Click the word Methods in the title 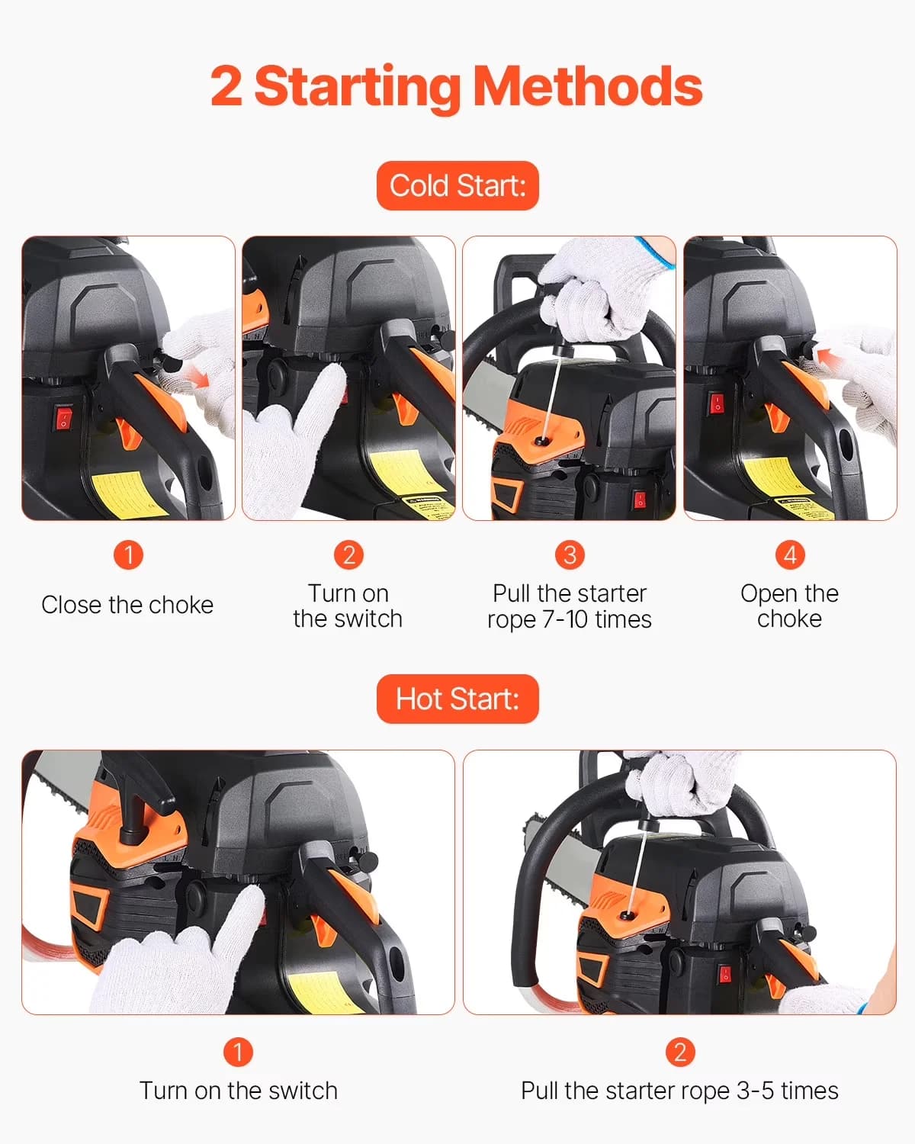click(x=588, y=86)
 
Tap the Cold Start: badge click(x=457, y=185)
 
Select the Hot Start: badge click(x=457, y=699)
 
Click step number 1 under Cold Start click(x=128, y=554)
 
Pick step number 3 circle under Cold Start click(x=570, y=554)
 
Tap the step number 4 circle click(x=790, y=554)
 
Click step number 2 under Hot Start click(x=680, y=1052)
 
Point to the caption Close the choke click(x=127, y=605)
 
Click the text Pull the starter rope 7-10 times click(x=570, y=606)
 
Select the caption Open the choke click(x=789, y=606)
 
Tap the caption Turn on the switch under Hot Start click(x=238, y=1091)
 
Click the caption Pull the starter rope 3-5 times click(x=679, y=1091)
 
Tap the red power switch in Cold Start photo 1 click(x=63, y=419)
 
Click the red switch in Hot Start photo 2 click(x=725, y=974)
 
